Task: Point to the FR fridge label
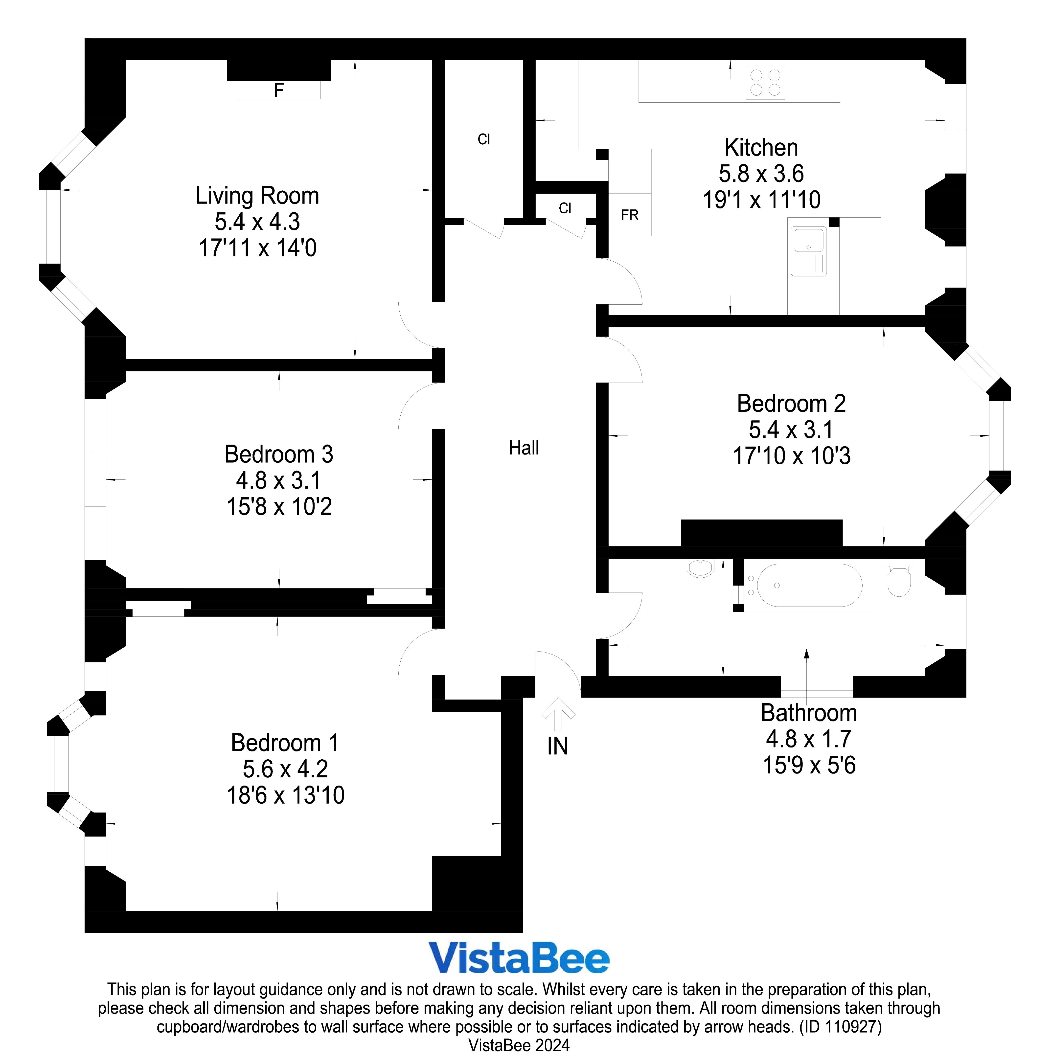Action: pyautogui.click(x=630, y=215)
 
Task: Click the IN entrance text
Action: pyautogui.click(x=557, y=747)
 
